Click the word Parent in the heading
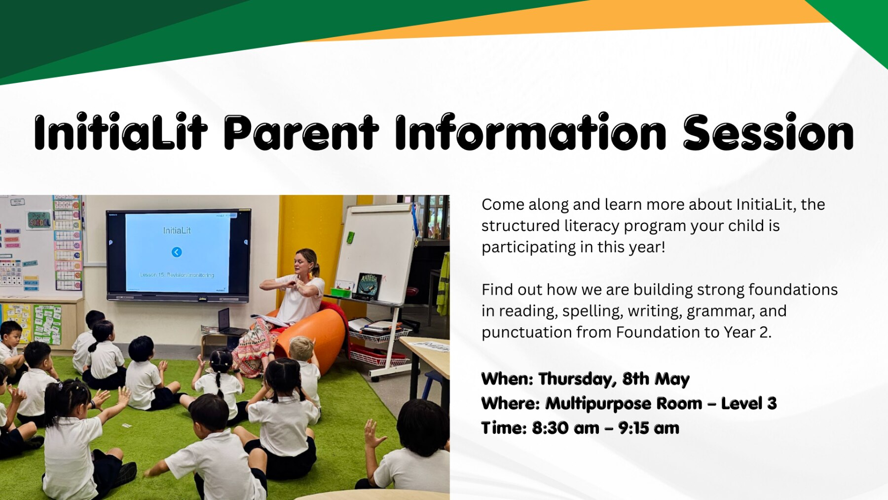click(x=301, y=132)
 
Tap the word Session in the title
click(x=768, y=132)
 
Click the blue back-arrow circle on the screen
click(x=177, y=252)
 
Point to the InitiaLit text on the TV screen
click(x=177, y=231)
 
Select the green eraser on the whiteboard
click(x=350, y=237)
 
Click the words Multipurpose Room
click(x=624, y=404)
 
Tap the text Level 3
click(x=749, y=403)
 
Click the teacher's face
click(x=302, y=263)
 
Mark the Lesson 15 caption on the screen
click(x=177, y=275)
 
